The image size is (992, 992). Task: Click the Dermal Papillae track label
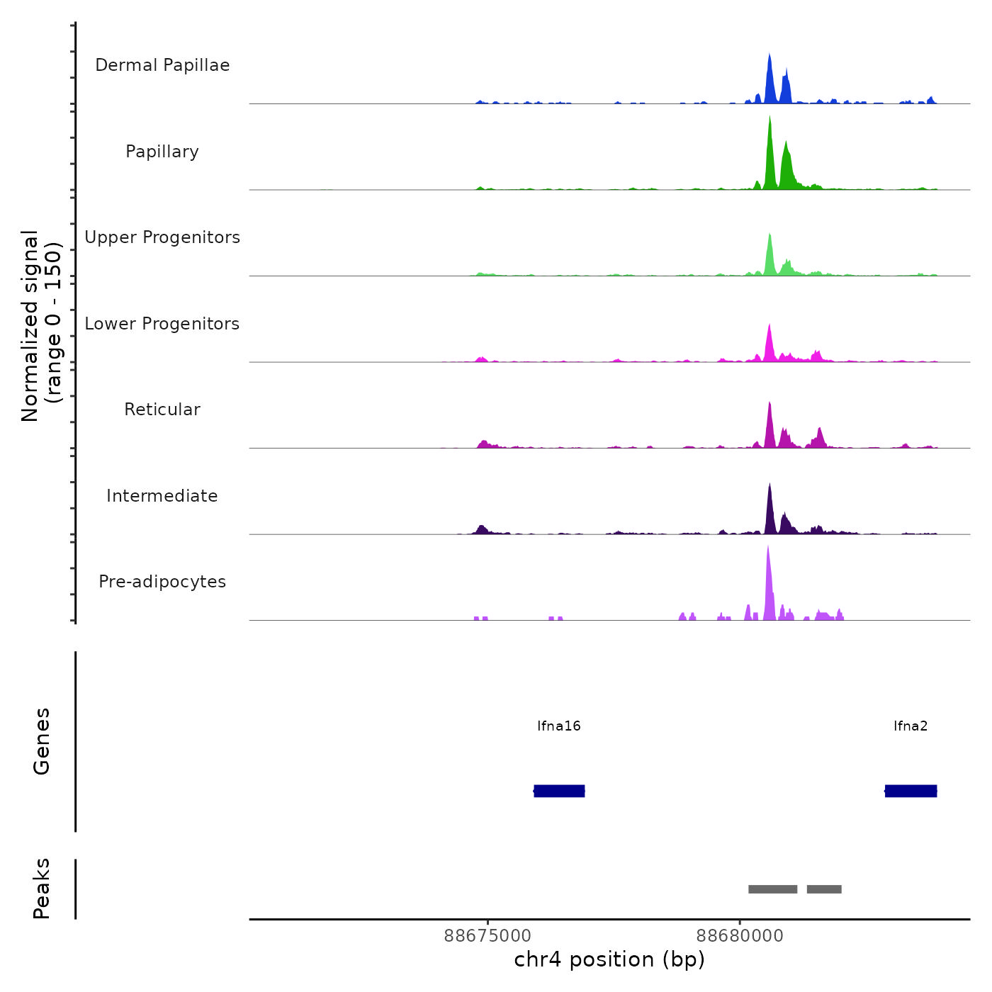pos(162,65)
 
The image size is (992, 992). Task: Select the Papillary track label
pos(162,152)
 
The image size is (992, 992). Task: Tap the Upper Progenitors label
pos(162,237)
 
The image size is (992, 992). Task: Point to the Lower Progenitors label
pos(162,324)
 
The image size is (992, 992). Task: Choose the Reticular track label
pos(162,410)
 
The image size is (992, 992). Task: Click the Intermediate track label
pos(162,496)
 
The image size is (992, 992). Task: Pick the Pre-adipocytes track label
pos(162,582)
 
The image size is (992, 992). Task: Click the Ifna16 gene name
pos(559,726)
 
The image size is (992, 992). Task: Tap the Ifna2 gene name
pos(911,726)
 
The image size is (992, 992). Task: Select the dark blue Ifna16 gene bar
pos(559,791)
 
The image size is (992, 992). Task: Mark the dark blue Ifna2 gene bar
pos(911,791)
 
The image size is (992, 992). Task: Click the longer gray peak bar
pos(773,889)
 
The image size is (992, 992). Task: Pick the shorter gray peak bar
pos(824,889)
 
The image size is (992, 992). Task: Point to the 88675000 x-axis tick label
pos(487,935)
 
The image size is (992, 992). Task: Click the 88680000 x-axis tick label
pos(740,935)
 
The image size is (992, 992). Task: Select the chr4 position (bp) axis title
pos(609,959)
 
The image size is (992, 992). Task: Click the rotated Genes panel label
pos(42,741)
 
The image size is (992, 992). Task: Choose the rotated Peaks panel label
pos(42,889)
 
